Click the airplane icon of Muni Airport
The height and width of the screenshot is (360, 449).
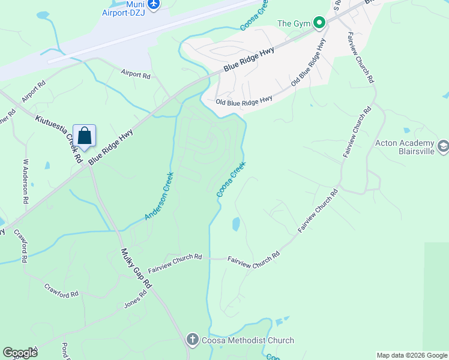coord(154,5)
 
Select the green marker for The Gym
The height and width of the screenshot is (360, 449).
coord(319,23)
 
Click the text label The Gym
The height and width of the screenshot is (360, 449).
coord(294,23)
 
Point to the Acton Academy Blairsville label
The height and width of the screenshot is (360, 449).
coord(404,148)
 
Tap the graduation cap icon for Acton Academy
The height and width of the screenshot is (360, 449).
coord(443,145)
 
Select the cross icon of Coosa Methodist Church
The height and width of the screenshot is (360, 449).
coord(192,340)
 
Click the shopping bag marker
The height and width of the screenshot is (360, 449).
coord(85,136)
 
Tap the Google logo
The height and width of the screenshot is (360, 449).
coord(20,353)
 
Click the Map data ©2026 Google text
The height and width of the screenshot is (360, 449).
coord(412,355)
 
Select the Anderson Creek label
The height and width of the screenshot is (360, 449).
coord(159,196)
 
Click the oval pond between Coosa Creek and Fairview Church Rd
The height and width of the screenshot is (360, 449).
coord(236,224)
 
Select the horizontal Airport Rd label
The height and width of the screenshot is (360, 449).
coord(135,75)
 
